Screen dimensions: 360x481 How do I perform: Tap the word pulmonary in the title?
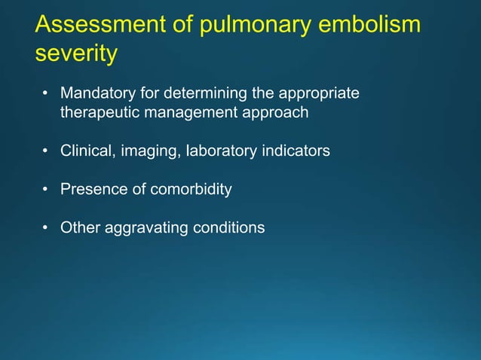[x=244, y=26]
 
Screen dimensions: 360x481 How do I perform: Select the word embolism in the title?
[x=372, y=24]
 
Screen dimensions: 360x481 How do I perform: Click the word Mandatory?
[x=96, y=94]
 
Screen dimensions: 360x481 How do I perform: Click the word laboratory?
[x=213, y=151]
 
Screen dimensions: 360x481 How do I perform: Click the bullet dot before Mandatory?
[x=45, y=95]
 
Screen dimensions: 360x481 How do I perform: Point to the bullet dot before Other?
[x=45, y=227]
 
